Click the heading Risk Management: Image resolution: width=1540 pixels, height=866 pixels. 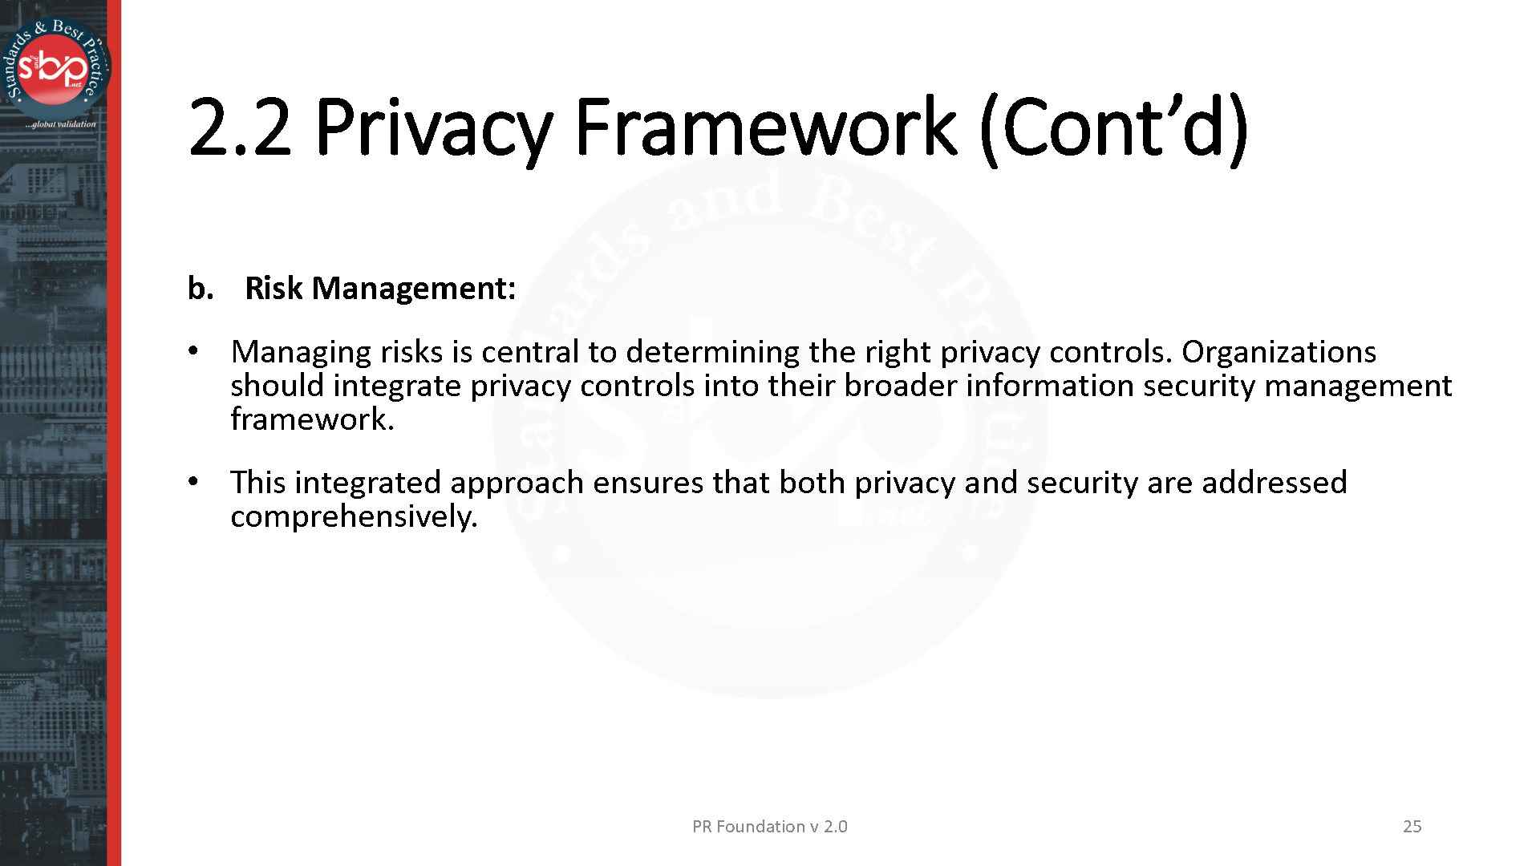[x=380, y=289]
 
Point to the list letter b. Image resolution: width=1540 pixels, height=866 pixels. [x=200, y=289]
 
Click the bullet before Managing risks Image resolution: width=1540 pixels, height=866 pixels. [x=192, y=352]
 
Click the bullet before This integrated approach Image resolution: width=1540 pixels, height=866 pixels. [x=192, y=482]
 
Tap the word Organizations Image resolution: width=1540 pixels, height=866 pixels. [x=1279, y=353]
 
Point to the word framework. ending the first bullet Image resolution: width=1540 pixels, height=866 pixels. [x=312, y=419]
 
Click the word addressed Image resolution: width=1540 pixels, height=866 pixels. [x=1274, y=483]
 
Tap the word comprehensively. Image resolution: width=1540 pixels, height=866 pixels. [x=354, y=517]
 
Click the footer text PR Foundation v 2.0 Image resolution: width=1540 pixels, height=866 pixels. [x=769, y=827]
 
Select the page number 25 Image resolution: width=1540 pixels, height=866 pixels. [x=1412, y=827]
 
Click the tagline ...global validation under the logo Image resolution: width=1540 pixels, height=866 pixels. [x=60, y=124]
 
